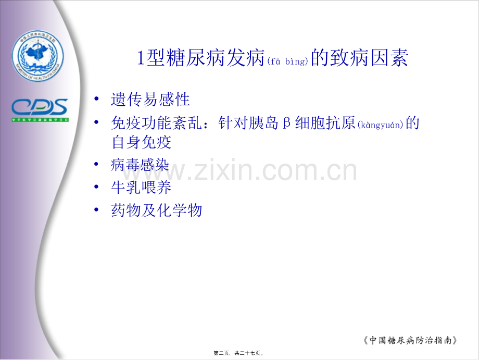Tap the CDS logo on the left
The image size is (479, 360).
40,108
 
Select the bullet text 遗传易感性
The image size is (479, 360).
150,99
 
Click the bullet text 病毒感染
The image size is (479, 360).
140,166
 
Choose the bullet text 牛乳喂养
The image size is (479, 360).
141,188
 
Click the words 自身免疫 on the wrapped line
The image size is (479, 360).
141,142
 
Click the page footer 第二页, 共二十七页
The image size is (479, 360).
239,353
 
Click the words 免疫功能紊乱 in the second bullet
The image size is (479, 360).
156,123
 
